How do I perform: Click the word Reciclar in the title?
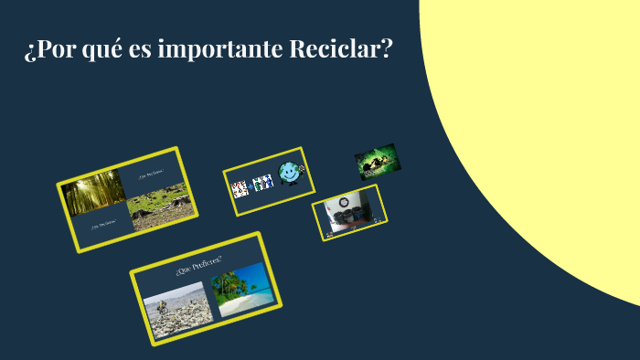coord(340,48)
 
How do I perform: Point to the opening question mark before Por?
coord(29,50)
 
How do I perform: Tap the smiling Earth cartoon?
coord(290,172)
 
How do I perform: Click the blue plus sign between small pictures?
coord(249,185)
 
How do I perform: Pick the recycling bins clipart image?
coord(263,183)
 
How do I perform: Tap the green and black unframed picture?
coord(376,161)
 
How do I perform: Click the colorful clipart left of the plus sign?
coord(239,189)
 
